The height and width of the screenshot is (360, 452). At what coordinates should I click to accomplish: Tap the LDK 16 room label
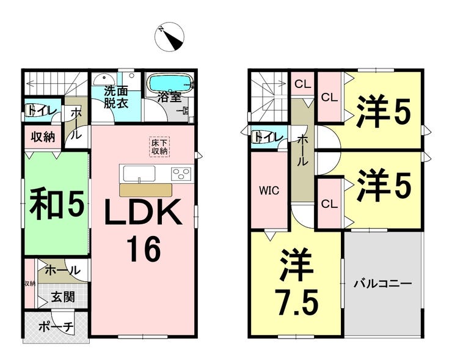point(144,230)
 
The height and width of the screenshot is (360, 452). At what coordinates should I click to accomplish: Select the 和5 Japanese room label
point(56,205)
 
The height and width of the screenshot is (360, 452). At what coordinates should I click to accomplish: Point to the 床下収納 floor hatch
point(159,147)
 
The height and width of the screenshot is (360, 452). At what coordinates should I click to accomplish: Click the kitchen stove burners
point(181,174)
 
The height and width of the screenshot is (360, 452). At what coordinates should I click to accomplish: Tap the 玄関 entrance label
point(62,298)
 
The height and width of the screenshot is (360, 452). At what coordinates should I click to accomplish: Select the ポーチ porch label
point(56,326)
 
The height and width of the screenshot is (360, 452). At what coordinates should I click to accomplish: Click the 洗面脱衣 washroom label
point(115,97)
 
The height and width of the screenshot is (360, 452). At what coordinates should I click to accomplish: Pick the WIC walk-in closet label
point(269,190)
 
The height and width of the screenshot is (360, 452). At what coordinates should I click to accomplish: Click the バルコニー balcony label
point(383,284)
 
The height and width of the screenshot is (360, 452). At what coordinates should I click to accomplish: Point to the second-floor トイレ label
point(267,136)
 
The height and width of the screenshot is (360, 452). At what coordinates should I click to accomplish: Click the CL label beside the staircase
point(302,84)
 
